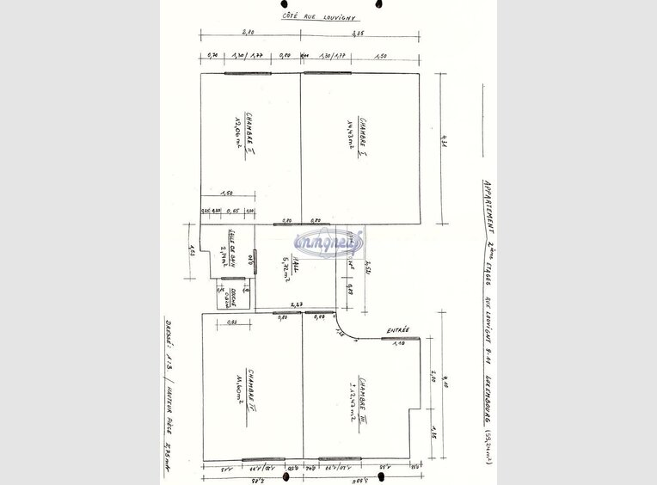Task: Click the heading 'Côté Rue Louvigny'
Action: [x=319, y=16]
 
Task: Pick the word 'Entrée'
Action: [x=398, y=329]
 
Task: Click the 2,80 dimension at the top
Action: [x=249, y=32]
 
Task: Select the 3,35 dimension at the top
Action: [x=360, y=32]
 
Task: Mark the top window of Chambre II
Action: [x=248, y=73]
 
